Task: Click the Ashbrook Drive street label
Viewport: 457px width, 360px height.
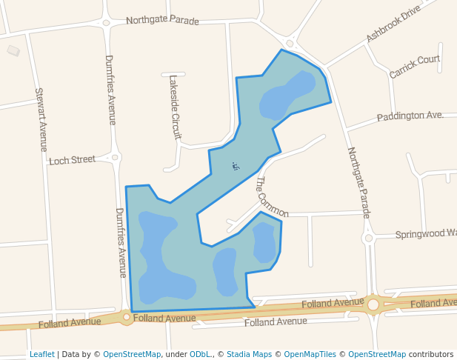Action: pos(393,24)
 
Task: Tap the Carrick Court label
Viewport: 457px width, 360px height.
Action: pos(415,67)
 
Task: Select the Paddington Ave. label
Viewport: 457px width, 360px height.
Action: pos(410,116)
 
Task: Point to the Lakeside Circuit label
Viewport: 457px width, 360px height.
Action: pos(175,107)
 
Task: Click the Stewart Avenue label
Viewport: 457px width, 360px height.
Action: pos(41,120)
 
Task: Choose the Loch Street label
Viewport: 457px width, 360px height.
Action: pos(72,159)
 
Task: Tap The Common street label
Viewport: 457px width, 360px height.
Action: pos(271,196)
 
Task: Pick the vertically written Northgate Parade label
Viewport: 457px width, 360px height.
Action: pos(358,182)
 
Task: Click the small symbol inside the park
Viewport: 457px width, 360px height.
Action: pos(236,166)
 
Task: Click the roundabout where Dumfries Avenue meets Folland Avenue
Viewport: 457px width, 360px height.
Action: pos(127,318)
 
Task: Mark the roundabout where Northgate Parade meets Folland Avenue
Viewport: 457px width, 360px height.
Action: pos(373,304)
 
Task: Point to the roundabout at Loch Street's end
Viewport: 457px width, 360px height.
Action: pos(115,157)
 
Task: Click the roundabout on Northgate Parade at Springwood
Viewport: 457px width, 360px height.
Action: pos(368,239)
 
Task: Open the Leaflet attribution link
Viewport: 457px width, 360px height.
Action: pos(41,354)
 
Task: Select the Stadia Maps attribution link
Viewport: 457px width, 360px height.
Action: pos(249,354)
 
